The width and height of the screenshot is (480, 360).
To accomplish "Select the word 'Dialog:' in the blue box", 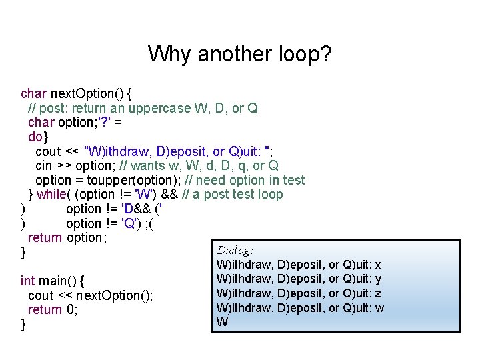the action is pyautogui.click(x=235, y=251).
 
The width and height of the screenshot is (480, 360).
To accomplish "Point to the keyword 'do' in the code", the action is pyautogui.click(x=35, y=137).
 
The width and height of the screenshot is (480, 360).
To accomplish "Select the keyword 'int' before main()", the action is pyautogui.click(x=27, y=281).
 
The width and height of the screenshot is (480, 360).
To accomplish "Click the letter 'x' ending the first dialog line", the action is pyautogui.click(x=379, y=265).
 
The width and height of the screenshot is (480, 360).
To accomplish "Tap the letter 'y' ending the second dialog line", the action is pyautogui.click(x=379, y=279).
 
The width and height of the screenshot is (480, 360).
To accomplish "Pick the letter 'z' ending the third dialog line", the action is pyautogui.click(x=379, y=293).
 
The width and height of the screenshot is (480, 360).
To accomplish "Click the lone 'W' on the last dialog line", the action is pyautogui.click(x=223, y=322).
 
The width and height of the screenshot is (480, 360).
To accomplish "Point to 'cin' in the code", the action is pyautogui.click(x=43, y=165).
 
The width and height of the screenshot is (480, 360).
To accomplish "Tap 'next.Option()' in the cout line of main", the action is pyautogui.click(x=114, y=295).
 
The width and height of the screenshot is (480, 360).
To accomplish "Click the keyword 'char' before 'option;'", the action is pyautogui.click(x=41, y=122).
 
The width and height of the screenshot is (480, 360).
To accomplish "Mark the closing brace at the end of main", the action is pyautogui.click(x=23, y=324).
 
